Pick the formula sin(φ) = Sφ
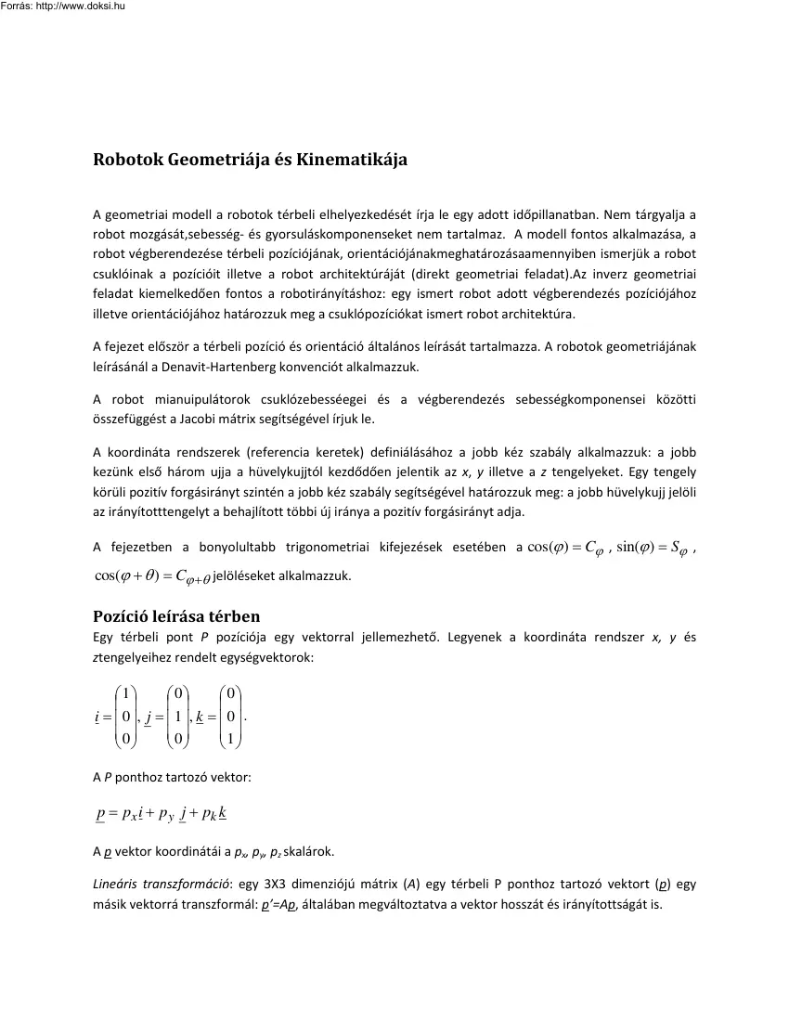pos(653,549)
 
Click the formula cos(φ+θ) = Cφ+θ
pos(153,575)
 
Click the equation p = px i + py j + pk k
pos(162,814)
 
